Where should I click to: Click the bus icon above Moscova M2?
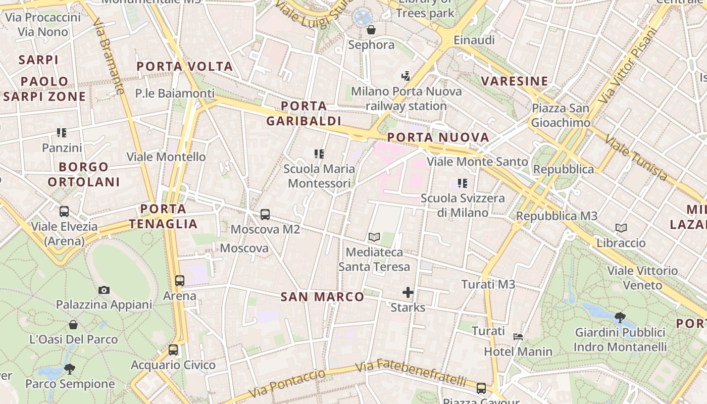[265, 215]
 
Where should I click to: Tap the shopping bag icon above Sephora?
[371, 30]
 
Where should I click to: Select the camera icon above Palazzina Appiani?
[104, 290]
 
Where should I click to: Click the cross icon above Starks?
[408, 292]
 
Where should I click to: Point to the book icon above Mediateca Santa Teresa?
[374, 237]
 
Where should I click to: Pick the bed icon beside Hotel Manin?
[518, 337]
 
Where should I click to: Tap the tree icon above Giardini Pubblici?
[620, 318]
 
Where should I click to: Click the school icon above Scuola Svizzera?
[463, 183]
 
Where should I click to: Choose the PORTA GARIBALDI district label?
[304, 114]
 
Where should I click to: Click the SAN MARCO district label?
[322, 297]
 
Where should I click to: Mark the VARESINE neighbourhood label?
[515, 81]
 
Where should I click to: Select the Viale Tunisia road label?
[636, 158]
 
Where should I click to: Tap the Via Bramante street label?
[109, 57]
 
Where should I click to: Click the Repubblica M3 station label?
[557, 216]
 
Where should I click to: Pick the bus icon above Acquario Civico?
[173, 349]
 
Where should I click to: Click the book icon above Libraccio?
[621, 228]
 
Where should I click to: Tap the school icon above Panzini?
[62, 133]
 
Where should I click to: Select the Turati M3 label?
[488, 285]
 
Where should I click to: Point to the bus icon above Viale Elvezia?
[64, 212]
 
